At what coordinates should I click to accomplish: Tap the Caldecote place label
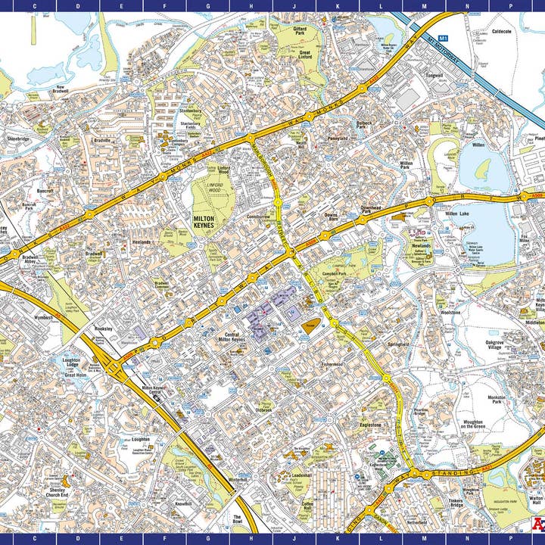(502, 32)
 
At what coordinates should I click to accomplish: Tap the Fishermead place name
(332, 364)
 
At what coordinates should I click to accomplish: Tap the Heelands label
(142, 242)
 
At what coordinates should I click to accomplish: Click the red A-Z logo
(537, 524)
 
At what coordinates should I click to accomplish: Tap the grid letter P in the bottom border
(510, 540)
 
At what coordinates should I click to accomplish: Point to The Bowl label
(238, 520)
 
